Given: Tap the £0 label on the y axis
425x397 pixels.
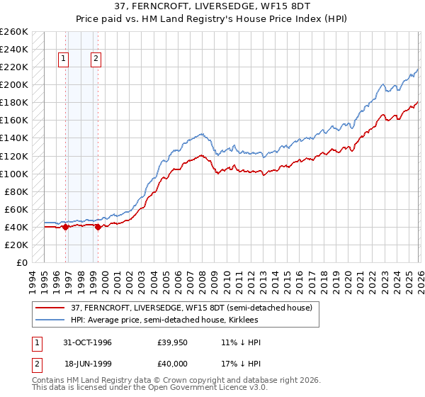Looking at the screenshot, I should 21,263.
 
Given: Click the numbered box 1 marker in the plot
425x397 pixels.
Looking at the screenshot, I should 64,60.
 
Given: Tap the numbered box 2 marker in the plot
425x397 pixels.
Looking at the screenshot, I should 96,60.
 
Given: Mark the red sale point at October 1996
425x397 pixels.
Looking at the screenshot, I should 65,227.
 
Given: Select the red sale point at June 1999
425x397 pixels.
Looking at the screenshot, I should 97,227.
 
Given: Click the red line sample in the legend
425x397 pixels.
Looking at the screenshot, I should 51,307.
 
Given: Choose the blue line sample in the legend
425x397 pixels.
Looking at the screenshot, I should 51,320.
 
